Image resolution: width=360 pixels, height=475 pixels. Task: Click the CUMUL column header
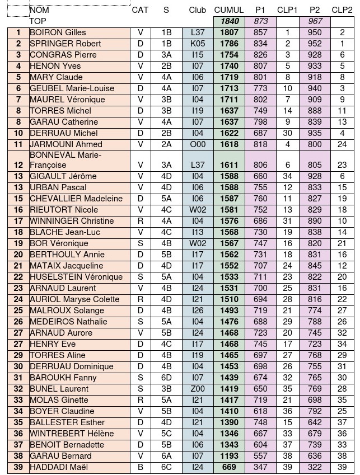[228, 10]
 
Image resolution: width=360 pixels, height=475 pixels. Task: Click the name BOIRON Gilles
[58, 32]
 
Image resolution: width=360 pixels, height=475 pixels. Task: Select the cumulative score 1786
[229, 44]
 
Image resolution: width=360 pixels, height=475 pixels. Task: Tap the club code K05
[197, 44]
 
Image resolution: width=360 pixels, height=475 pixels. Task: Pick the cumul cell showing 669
[229, 467]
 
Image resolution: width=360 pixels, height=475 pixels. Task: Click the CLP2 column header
[342, 10]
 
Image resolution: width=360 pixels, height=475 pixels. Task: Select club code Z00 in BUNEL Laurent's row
[197, 389]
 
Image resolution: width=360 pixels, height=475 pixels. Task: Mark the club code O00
[197, 144]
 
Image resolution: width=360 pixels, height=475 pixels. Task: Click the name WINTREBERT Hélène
[71, 433]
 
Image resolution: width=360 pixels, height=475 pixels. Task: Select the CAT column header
[140, 10]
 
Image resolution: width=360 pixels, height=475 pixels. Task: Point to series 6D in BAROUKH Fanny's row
[166, 378]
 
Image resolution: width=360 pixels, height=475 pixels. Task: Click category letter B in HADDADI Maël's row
[140, 467]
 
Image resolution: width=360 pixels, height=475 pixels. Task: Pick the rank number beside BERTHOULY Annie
[18, 255]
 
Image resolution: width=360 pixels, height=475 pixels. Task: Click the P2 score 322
[315, 467]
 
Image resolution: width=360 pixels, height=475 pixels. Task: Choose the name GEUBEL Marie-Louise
[71, 88]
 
